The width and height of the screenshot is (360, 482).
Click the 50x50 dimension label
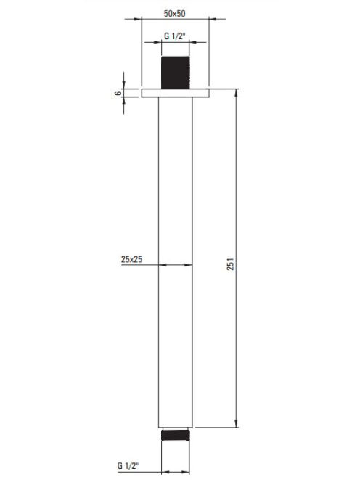[x=174, y=14]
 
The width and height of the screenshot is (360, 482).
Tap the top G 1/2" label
[x=175, y=36]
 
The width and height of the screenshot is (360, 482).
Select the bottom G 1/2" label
[x=128, y=465]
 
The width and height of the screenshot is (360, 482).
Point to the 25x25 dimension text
[x=131, y=259]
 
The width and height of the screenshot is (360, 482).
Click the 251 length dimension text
[x=230, y=264]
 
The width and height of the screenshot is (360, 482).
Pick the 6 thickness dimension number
[x=118, y=93]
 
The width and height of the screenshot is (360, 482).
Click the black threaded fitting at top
[x=175, y=73]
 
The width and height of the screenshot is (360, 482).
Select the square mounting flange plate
[x=175, y=93]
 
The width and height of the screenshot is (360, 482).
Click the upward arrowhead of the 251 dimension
[x=237, y=92]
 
